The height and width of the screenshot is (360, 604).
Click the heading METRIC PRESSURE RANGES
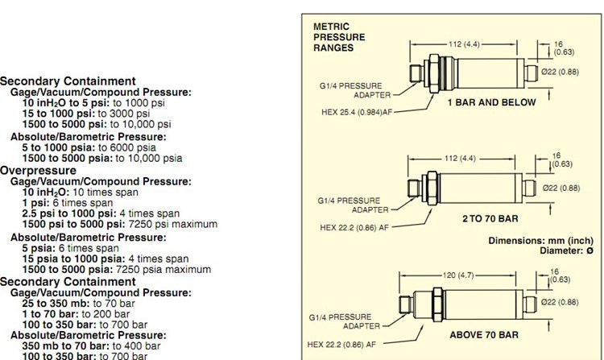(338, 37)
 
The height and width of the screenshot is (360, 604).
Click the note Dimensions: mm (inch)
(540, 241)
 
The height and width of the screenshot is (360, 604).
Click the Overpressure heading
(38, 171)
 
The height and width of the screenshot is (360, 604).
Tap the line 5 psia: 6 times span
(70, 248)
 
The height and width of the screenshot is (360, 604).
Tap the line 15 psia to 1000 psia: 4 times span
(105, 259)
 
